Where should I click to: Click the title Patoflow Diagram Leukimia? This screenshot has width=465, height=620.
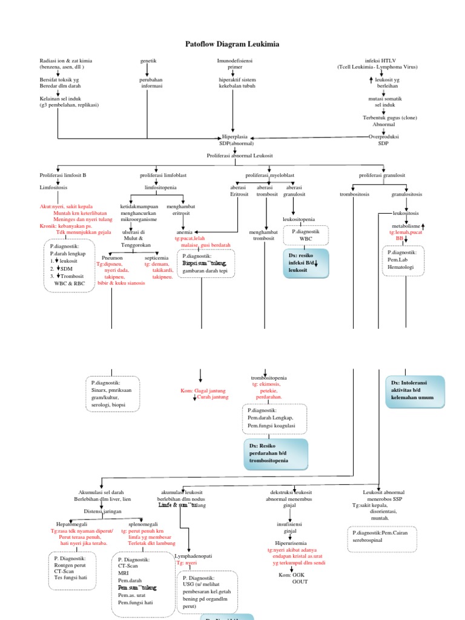[x=232, y=44]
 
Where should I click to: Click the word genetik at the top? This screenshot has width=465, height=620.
[x=148, y=61]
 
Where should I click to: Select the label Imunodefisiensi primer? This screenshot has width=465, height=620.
[x=234, y=64]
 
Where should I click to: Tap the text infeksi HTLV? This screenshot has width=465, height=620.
[x=380, y=61]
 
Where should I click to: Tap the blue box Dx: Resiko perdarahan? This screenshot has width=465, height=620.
[x=275, y=453]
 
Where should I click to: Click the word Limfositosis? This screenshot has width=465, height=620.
[x=53, y=188]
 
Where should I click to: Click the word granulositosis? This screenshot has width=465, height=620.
[x=406, y=194]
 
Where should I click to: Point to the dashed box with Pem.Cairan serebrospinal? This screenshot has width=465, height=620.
[x=382, y=539]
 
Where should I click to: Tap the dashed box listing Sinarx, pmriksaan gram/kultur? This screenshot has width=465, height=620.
[x=113, y=394]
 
